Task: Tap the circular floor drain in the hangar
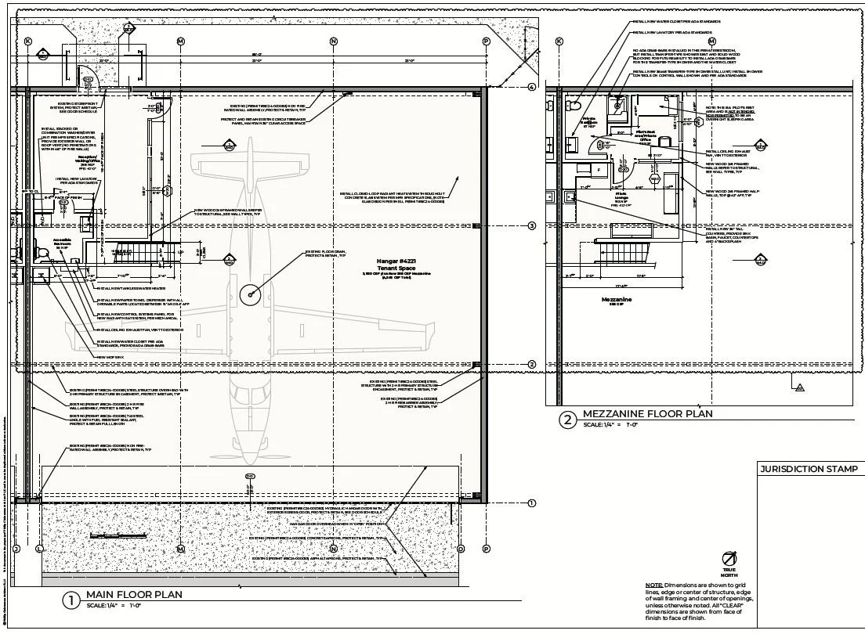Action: tap(251, 294)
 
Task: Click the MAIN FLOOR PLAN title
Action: tap(134, 594)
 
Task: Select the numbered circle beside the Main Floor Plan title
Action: tap(71, 600)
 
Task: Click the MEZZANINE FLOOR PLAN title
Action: tap(647, 413)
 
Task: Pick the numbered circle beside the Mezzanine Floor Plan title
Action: tap(567, 420)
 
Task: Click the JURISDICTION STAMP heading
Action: tap(809, 470)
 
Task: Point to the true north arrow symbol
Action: tap(729, 558)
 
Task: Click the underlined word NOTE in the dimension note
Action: tap(653, 585)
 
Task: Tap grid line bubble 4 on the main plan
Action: tap(531, 88)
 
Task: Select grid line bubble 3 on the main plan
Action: tap(531, 226)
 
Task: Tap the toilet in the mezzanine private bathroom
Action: tap(574, 105)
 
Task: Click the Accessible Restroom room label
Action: tap(62, 243)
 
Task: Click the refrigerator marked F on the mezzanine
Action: tap(599, 168)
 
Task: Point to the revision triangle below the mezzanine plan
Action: tap(799, 387)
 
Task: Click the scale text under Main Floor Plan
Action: tap(114, 606)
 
